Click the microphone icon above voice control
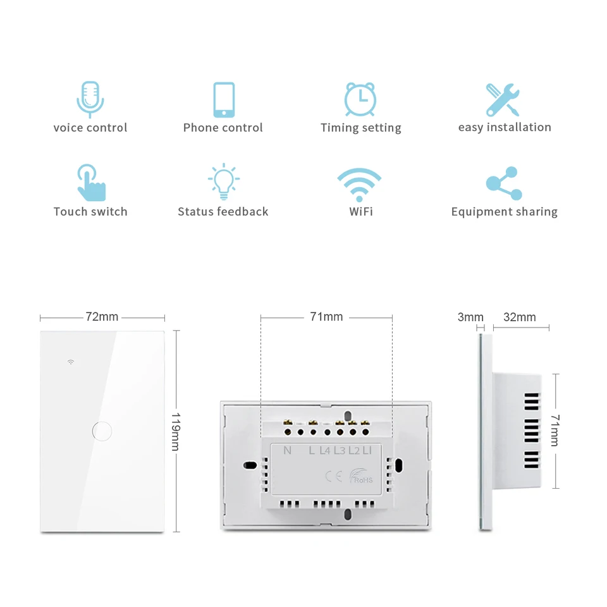click(90, 99)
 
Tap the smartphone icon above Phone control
click(224, 99)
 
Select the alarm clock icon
click(360, 99)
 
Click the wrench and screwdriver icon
click(503, 100)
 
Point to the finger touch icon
click(91, 182)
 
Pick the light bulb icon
click(224, 181)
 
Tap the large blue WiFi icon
click(359, 185)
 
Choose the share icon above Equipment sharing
click(504, 183)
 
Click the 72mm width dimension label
click(102, 317)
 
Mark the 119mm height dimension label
click(176, 432)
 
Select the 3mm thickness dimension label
click(470, 317)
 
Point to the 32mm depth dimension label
click(520, 317)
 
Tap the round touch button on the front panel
click(102, 431)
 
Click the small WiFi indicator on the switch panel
click(71, 362)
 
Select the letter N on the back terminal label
click(287, 450)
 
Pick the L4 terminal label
click(325, 450)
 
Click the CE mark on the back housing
click(333, 476)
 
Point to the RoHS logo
click(361, 475)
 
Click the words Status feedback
click(223, 211)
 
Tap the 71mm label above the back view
click(326, 317)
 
